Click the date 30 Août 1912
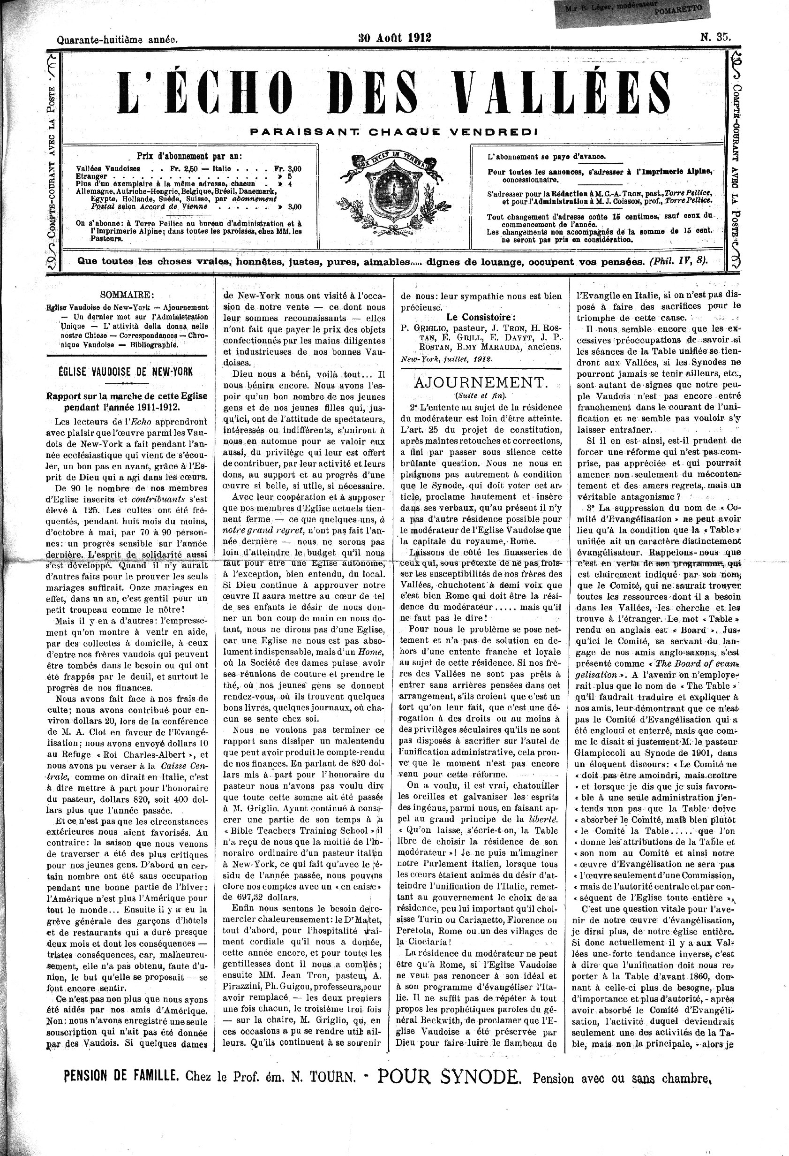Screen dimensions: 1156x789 pyautogui.click(x=395, y=38)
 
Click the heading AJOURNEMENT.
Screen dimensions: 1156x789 pyautogui.click(x=481, y=382)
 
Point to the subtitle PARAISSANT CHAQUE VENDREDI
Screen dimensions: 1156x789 pyautogui.click(x=394, y=132)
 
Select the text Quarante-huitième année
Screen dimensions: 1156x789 pyautogui.click(x=117, y=39)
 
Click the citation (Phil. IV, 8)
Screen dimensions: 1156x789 pyautogui.click(x=679, y=261)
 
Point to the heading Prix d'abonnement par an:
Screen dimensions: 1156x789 pyautogui.click(x=189, y=156)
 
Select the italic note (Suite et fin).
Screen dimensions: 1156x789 pyautogui.click(x=480, y=396)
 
